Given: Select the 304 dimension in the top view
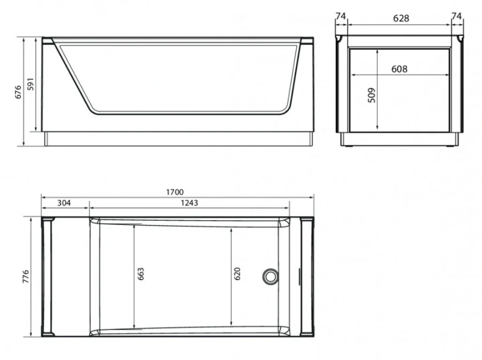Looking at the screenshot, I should point(64,203).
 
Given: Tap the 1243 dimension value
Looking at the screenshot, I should point(189,203).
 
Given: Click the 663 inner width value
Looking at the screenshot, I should point(140,275).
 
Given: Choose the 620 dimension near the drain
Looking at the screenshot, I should point(237,274).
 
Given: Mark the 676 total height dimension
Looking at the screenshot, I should point(18,91).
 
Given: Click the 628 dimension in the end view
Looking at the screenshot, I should point(400,18).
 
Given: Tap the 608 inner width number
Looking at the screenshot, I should point(399,69).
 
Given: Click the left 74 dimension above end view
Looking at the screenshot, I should point(341,17).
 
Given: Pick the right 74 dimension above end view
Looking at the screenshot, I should point(457,17).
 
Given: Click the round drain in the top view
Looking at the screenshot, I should point(270,277).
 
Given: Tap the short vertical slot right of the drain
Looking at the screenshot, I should point(299,277).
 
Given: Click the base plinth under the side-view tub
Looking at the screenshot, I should point(179,139).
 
